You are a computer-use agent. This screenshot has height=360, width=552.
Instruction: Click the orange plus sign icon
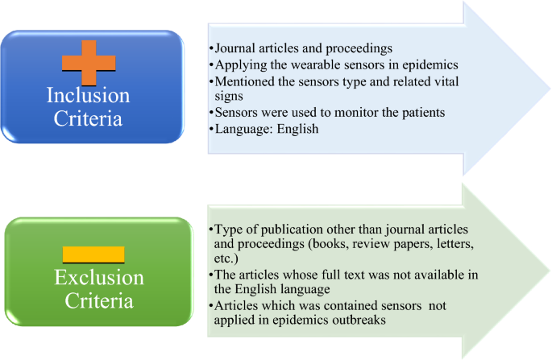pyautogui.click(x=93, y=60)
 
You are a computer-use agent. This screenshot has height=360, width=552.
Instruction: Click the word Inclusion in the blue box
pyautogui.click(x=99, y=96)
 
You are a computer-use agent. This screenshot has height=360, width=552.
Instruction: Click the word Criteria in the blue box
pyautogui.click(x=99, y=119)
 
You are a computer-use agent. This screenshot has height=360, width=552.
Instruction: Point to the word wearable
pyautogui.click(x=313, y=64)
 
